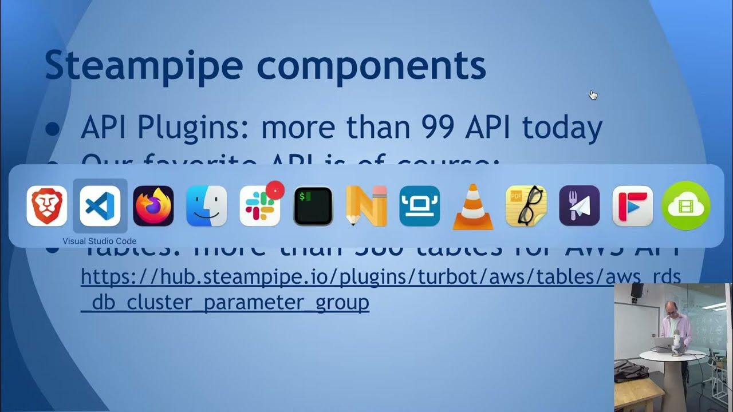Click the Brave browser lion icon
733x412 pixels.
point(47,206)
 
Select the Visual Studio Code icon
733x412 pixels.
point(100,206)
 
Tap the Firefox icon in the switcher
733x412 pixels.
point(153,206)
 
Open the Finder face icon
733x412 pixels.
point(207,206)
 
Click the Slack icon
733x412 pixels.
point(259,207)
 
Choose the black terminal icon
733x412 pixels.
point(313,206)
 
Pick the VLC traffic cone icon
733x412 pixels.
point(473,207)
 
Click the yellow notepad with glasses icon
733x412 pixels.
point(526,206)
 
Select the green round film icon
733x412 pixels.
point(685,206)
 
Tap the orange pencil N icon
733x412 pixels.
point(366,206)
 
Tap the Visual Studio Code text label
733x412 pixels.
point(100,241)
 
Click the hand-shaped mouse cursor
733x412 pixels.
point(593,95)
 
